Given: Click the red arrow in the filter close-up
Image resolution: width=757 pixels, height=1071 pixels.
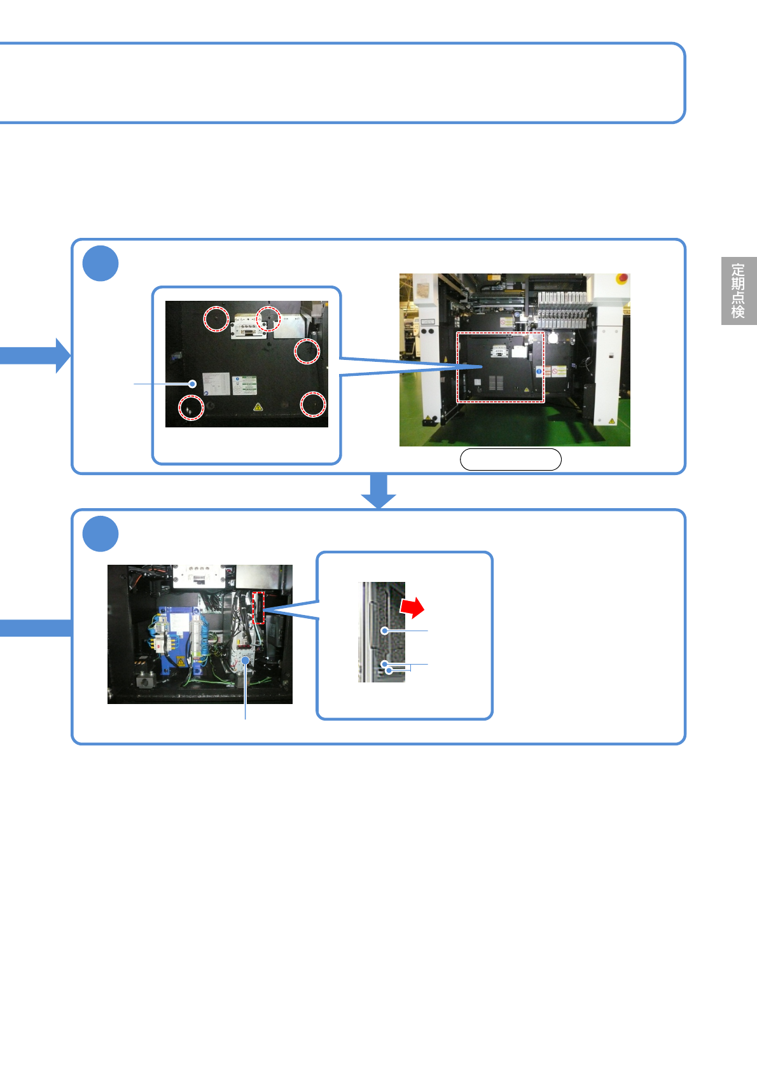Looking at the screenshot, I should (x=413, y=607).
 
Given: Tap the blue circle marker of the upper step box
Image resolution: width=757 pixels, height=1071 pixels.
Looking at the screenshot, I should (x=101, y=263).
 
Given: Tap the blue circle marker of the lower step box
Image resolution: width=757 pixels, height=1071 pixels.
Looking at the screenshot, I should (x=101, y=534).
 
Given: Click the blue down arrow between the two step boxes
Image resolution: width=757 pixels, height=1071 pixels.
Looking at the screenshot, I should (x=378, y=490).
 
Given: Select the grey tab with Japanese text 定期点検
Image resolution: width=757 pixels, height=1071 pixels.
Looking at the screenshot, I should (x=738, y=291).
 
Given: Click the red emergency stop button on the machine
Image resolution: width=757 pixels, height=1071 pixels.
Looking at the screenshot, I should (x=623, y=279).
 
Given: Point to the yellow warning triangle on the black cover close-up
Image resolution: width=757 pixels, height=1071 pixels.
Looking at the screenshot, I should (x=258, y=406).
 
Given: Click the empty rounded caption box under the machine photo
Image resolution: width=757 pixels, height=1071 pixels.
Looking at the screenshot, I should (x=510, y=459).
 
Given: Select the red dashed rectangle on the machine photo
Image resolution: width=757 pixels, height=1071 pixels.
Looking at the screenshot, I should (x=501, y=367).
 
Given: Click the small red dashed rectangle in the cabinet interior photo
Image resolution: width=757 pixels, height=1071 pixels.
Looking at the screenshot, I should (x=258, y=608).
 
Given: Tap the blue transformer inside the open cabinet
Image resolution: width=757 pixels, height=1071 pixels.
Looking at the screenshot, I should (x=177, y=639).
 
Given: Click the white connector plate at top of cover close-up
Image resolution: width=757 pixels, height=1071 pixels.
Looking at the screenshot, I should (x=249, y=326).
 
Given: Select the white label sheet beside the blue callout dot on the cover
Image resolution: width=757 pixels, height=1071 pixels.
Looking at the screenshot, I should (x=216, y=384).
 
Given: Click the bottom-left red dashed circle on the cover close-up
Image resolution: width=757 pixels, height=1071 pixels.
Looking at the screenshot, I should (x=191, y=408).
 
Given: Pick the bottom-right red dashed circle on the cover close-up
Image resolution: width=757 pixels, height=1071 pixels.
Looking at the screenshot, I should (x=313, y=404).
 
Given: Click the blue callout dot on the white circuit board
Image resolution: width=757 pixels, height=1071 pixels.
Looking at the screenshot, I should (x=246, y=661).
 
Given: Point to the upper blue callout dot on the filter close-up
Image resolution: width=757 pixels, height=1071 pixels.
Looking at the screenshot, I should (x=384, y=631).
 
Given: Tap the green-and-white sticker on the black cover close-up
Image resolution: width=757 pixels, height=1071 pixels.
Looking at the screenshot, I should (x=244, y=384).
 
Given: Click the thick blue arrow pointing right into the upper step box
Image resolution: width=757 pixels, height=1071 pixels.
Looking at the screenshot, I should (x=35, y=355).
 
